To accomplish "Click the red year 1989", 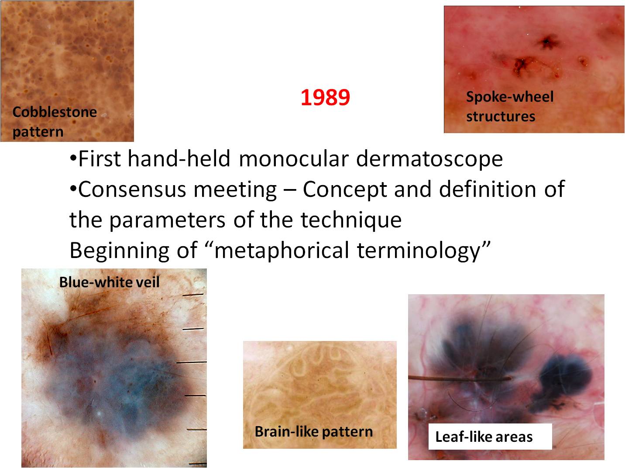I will (x=325, y=98).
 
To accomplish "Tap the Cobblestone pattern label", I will (x=55, y=121).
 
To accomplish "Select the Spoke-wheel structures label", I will (x=509, y=106).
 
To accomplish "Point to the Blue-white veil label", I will (x=109, y=282).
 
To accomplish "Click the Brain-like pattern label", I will (x=313, y=432).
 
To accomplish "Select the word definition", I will (x=488, y=189).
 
